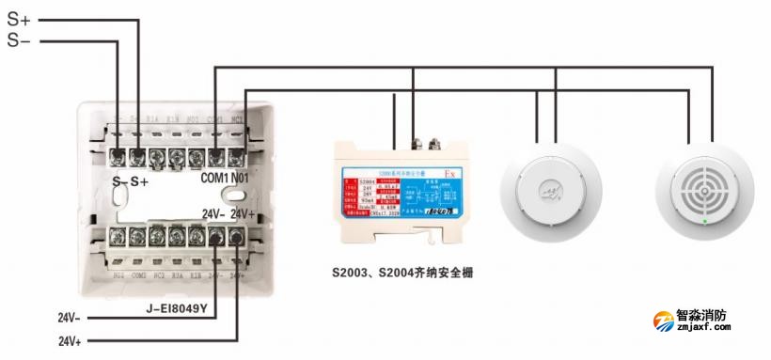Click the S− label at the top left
[18, 40]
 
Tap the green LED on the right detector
[705, 222]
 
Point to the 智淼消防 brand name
[714, 317]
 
